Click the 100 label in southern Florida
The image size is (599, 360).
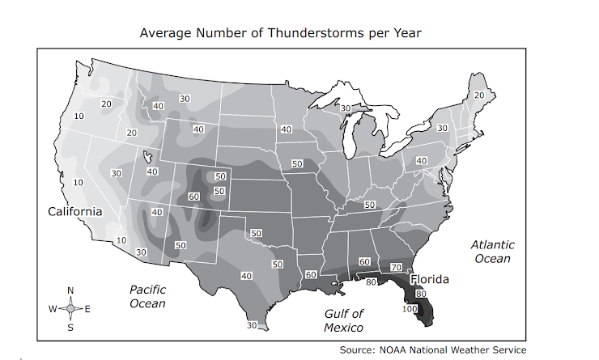[409, 308]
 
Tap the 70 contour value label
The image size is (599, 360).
[396, 267]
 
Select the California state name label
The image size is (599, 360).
[74, 211]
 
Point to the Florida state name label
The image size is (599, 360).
[429, 279]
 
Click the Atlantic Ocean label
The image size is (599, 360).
[492, 251]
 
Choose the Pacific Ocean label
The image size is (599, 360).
[148, 296]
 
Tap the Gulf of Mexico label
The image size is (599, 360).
[344, 320]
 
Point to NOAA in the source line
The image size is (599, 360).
[393, 349]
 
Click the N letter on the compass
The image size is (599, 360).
[70, 290]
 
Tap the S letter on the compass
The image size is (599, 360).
[70, 327]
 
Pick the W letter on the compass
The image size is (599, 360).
[52, 308]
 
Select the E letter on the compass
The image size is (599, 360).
[87, 308]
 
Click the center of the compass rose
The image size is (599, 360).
[70, 308]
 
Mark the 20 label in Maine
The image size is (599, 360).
[478, 95]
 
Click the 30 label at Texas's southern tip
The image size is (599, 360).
[252, 325]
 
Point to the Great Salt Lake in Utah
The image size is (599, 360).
[148, 157]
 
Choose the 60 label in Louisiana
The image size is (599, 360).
[311, 275]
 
